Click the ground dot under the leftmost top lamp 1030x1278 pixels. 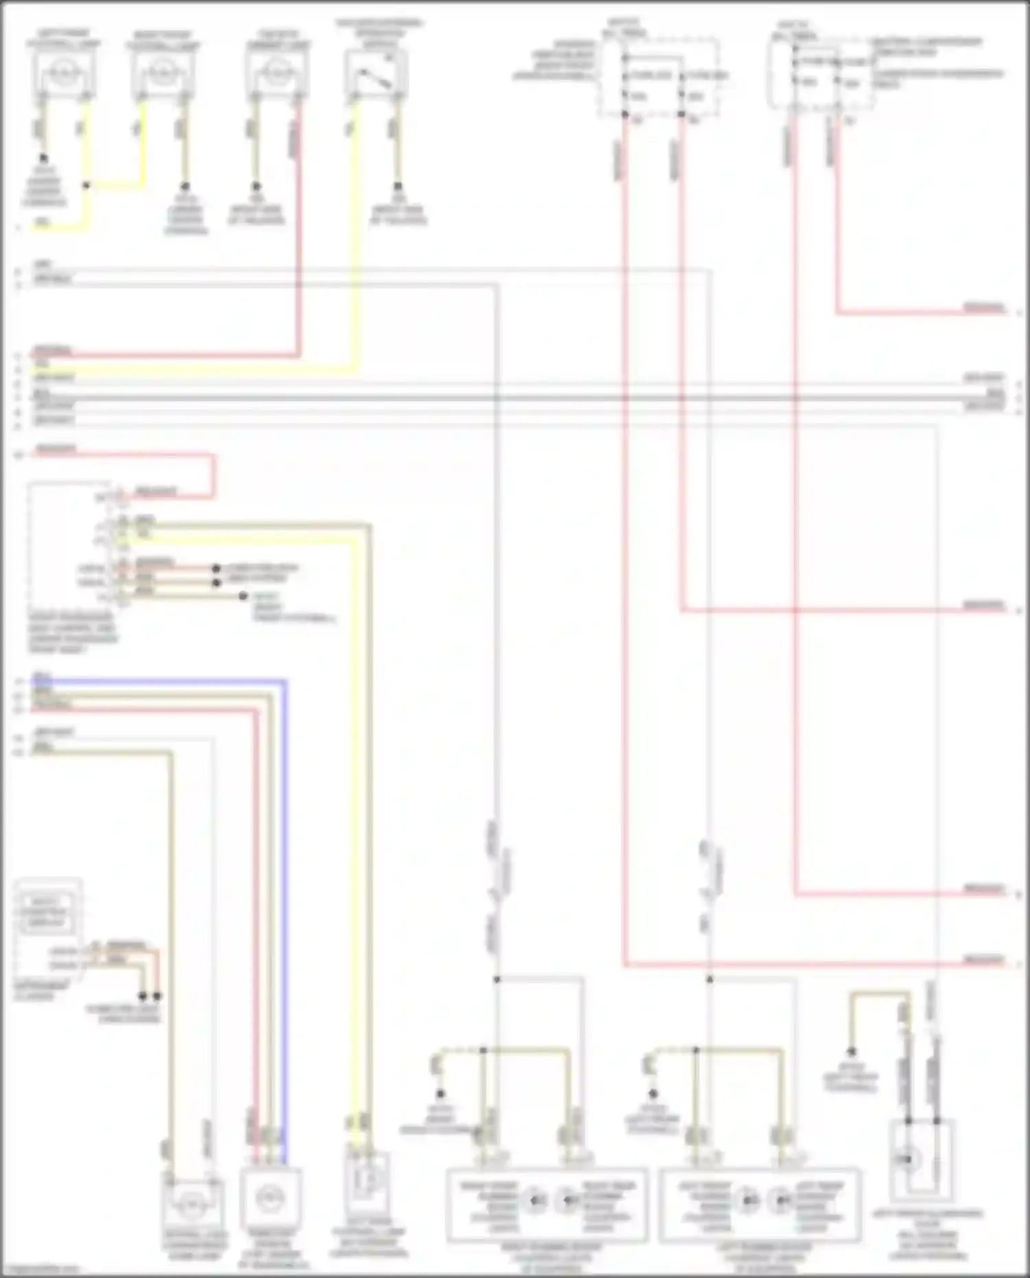(44, 158)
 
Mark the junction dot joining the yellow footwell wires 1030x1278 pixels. (87, 185)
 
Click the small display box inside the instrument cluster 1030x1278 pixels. (47, 911)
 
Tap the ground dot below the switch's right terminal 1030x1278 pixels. (397, 186)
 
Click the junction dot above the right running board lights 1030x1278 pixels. (497, 979)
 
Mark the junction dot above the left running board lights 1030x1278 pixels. (709, 979)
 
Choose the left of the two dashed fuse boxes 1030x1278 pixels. (658, 78)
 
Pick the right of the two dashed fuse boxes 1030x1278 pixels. (821, 76)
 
